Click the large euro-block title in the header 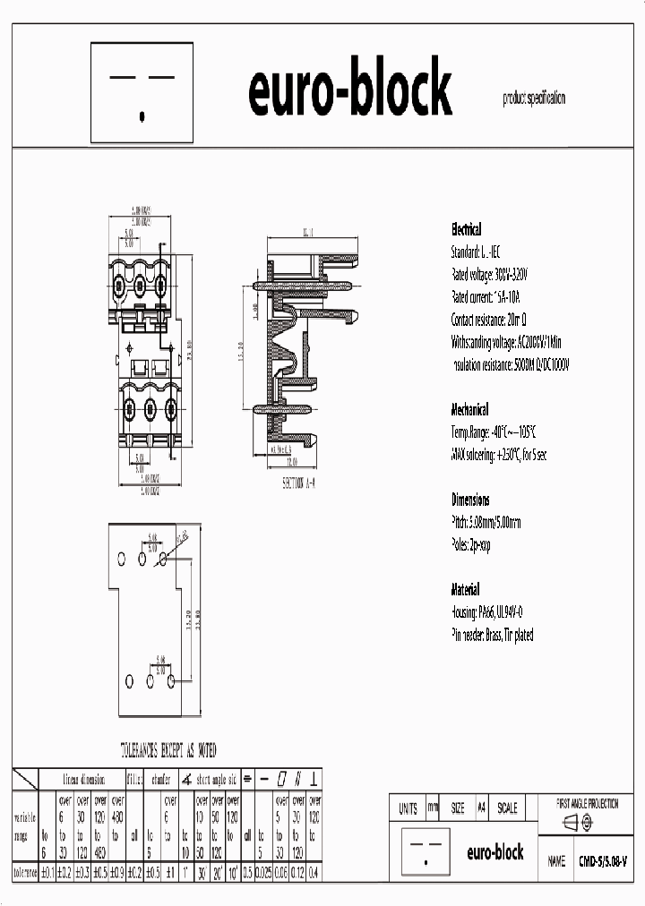pos(349,90)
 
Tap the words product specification pos(533,99)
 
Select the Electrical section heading pos(466,229)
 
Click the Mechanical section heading pos(469,409)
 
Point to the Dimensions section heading pos(470,500)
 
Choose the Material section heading pos(465,590)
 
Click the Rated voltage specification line pos(489,274)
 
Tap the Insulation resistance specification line pos(510,365)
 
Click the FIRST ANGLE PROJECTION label pos(587,804)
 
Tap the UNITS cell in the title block pos(408,808)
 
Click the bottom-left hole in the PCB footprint pos(130,681)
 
